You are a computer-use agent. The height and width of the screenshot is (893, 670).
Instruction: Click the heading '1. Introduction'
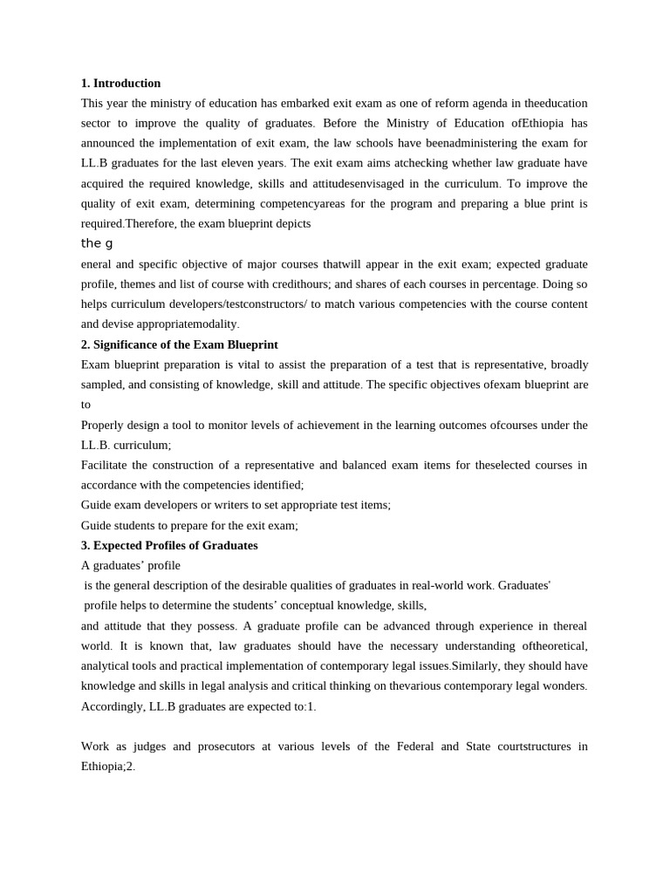(x=120, y=83)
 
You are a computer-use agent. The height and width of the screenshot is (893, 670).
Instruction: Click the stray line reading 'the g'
(x=97, y=243)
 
